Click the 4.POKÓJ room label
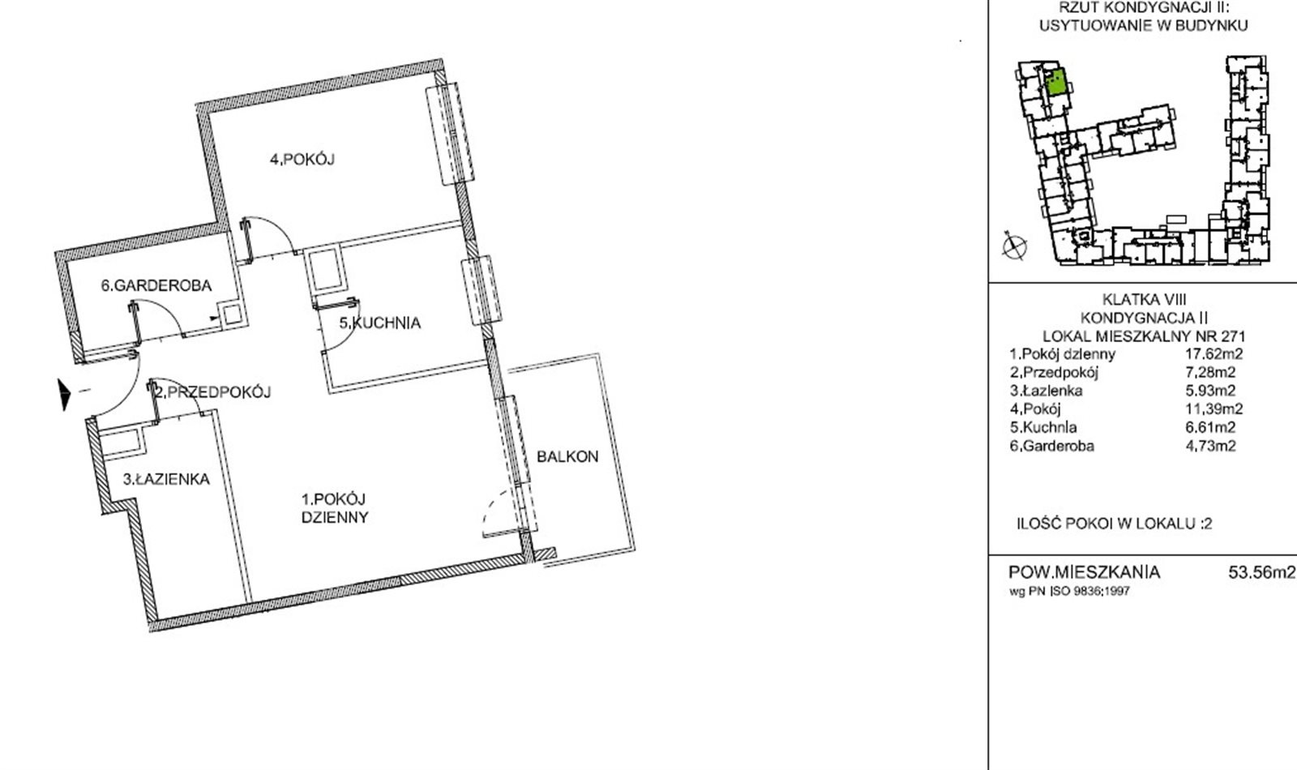(302, 159)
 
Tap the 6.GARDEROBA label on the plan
(156, 285)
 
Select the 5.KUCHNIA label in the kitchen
(380, 323)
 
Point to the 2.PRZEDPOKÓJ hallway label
(213, 392)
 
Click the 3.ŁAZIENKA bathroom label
(166, 479)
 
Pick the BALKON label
(567, 457)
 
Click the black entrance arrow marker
(64, 394)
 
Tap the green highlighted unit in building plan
(1056, 82)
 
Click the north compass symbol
(1014, 246)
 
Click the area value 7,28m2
(1210, 372)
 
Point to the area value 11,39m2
(1214, 409)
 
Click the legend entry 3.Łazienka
(1046, 391)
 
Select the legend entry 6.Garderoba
(1052, 446)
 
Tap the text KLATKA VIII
(1144, 299)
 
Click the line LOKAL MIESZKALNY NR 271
(1144, 336)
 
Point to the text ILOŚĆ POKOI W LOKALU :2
(1115, 524)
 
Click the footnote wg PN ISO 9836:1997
(1069, 592)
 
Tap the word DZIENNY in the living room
(335, 518)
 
